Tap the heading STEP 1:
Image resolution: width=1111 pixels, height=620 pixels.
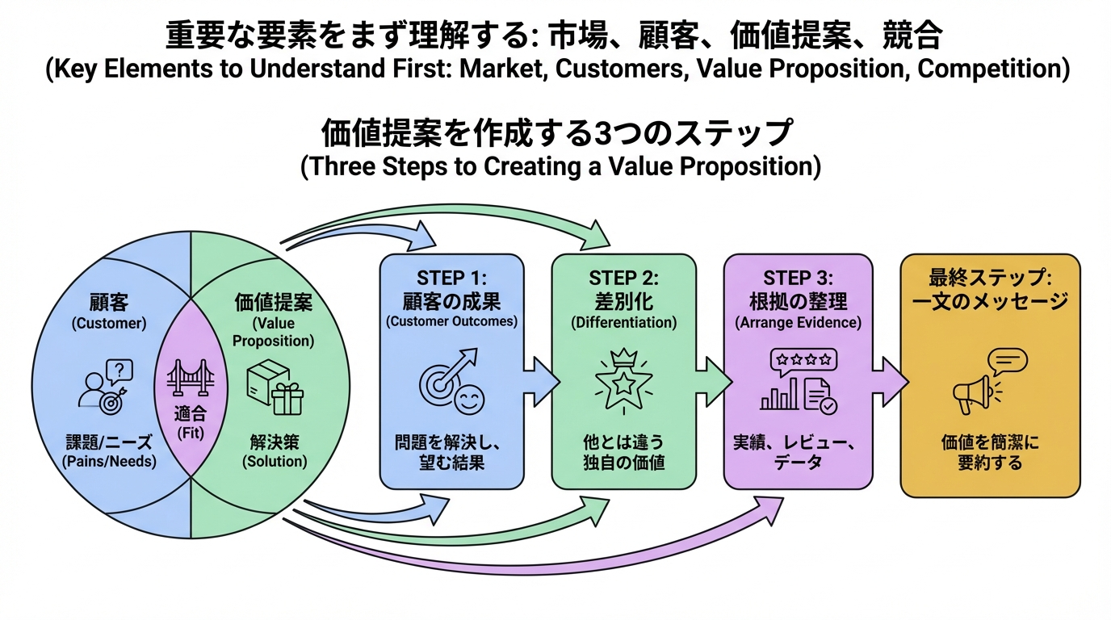(451, 278)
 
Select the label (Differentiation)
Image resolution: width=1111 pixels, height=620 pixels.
(623, 323)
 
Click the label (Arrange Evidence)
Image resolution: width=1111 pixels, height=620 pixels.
(798, 323)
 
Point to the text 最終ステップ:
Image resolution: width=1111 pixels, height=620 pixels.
(990, 278)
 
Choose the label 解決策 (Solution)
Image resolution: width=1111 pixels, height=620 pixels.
(275, 451)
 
